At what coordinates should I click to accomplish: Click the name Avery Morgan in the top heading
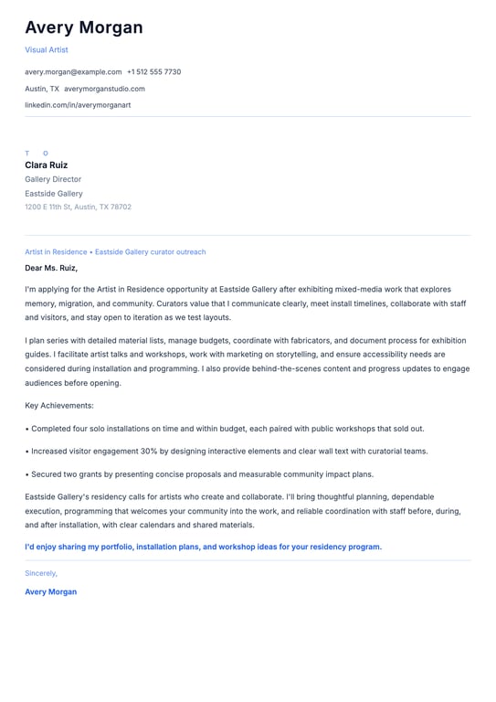pyautogui.click(x=84, y=27)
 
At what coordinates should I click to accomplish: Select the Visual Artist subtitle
pyautogui.click(x=47, y=50)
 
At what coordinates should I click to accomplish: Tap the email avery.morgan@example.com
pyautogui.click(x=73, y=71)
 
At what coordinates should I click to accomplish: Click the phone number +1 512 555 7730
pyautogui.click(x=153, y=71)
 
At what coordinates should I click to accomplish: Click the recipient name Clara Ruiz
pyautogui.click(x=47, y=165)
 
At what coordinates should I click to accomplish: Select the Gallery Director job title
pyautogui.click(x=53, y=179)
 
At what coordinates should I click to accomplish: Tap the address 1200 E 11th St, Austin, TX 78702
pyautogui.click(x=78, y=207)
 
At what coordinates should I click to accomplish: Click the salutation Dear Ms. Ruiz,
pyautogui.click(x=51, y=269)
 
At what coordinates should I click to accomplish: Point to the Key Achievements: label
pyautogui.click(x=59, y=406)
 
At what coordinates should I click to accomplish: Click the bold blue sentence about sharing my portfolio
pyautogui.click(x=203, y=547)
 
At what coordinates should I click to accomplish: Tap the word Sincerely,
pyautogui.click(x=41, y=573)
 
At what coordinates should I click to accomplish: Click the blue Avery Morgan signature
pyautogui.click(x=50, y=592)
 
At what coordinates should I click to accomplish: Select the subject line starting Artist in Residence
pyautogui.click(x=115, y=252)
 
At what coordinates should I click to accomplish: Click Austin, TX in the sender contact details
pyautogui.click(x=42, y=89)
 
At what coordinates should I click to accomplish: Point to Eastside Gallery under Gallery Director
pyautogui.click(x=54, y=194)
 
